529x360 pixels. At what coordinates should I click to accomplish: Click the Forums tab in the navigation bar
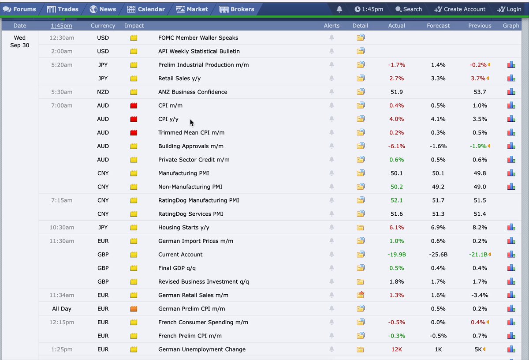(19, 9)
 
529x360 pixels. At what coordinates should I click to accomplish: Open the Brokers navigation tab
(237, 9)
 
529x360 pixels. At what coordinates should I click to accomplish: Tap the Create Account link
(460, 9)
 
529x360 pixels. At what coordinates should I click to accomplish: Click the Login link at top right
(509, 9)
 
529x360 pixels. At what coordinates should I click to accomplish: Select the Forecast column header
(438, 26)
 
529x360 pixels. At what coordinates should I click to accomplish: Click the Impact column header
(134, 26)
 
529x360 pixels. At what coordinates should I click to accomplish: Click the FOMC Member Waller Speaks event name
(198, 37)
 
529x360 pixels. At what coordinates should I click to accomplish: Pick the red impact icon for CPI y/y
(134, 119)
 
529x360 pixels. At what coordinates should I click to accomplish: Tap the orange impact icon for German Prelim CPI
(134, 308)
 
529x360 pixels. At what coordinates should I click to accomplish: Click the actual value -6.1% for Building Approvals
(396, 146)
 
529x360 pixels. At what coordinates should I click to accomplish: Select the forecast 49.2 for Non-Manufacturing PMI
(438, 187)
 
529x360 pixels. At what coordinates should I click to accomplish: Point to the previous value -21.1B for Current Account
(478, 255)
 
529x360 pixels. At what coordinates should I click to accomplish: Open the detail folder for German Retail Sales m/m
(361, 295)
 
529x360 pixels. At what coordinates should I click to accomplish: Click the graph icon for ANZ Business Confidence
(511, 92)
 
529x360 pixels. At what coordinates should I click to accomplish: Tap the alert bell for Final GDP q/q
(332, 268)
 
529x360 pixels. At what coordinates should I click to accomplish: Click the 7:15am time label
(62, 200)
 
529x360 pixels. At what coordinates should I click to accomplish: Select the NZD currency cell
(103, 92)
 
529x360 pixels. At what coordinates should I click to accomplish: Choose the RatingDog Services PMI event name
(190, 214)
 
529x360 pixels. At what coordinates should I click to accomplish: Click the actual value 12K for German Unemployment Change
(396, 349)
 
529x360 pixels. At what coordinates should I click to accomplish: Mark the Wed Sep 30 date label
(19, 41)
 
